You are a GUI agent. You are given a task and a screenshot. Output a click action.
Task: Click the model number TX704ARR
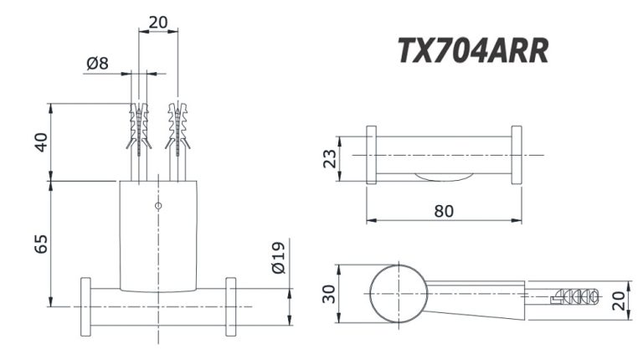pyautogui.click(x=472, y=51)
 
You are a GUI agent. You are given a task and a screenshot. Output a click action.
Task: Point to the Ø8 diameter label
pyautogui.click(x=98, y=62)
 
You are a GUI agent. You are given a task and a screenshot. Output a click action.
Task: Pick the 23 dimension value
pyautogui.click(x=331, y=157)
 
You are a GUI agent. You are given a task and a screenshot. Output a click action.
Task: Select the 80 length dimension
pyautogui.click(x=444, y=210)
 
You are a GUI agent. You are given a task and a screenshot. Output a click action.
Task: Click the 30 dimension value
pyautogui.click(x=331, y=294)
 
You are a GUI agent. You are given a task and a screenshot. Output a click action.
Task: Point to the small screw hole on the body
pyautogui.click(x=158, y=205)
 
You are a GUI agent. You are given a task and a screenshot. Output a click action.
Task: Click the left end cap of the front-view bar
pyautogui.click(x=85, y=306)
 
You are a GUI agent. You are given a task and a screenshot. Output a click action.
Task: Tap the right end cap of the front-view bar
pyautogui.click(x=231, y=306)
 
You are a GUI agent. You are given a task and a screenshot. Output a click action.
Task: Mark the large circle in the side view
pyautogui.click(x=399, y=292)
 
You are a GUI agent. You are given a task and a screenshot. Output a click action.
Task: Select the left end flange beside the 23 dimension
pyautogui.click(x=372, y=155)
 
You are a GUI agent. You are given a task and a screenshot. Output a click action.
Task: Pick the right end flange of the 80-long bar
pyautogui.click(x=516, y=155)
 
